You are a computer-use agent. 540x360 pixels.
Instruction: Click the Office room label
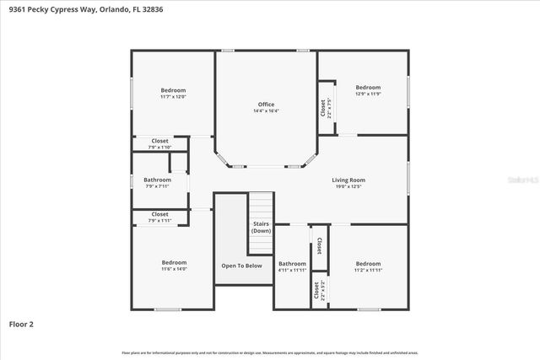coord(266,105)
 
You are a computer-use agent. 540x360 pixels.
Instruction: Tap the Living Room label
coord(348,180)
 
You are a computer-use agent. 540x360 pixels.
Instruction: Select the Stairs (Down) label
coord(262,227)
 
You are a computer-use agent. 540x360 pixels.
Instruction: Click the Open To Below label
coord(241,266)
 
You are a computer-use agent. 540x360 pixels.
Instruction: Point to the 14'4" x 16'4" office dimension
coord(266,111)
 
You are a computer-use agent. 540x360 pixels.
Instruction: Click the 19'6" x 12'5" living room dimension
coord(348,186)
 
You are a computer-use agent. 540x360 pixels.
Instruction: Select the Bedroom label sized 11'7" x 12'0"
coord(173,90)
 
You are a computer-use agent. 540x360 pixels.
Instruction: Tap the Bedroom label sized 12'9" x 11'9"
coord(368,88)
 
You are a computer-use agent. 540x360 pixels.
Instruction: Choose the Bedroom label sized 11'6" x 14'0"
coord(174,262)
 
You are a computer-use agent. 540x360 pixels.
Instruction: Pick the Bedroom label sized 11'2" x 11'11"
coord(368,263)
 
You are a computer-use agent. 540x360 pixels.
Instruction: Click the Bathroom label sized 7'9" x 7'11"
coord(157,180)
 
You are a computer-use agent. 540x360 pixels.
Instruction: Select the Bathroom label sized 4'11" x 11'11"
coord(292,263)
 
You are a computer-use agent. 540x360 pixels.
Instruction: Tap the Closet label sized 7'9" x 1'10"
coord(159,141)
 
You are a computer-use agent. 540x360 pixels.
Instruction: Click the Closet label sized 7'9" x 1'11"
coord(159,214)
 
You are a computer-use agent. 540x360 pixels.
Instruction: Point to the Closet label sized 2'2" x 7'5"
coord(322,107)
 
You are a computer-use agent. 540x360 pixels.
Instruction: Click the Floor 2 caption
coord(22,323)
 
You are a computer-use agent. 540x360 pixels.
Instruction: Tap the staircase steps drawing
coord(261,204)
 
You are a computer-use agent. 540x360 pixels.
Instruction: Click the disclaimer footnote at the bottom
coord(269,352)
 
